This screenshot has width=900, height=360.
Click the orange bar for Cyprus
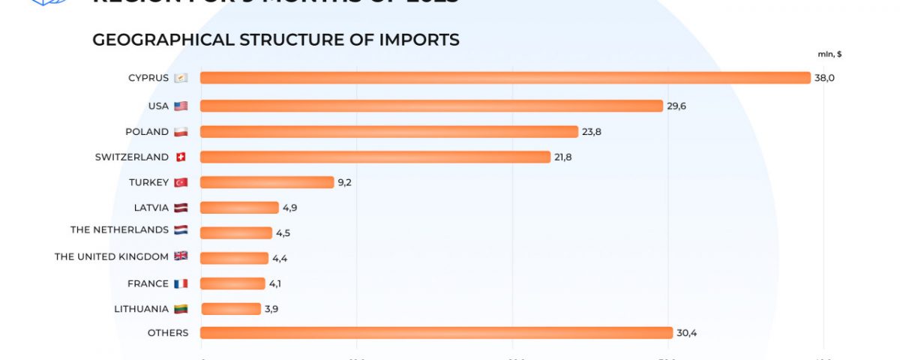point(505,78)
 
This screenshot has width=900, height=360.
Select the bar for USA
point(431,106)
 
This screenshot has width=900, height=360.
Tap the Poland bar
point(388,131)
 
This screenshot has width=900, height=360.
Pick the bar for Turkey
point(266,182)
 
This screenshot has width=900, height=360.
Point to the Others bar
point(436,333)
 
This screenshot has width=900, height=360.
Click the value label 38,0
point(824,78)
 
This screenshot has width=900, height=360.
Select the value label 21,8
point(564,157)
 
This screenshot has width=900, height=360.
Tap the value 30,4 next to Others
point(686,333)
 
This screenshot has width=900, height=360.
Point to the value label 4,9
point(290,208)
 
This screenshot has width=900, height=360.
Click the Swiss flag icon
point(181,157)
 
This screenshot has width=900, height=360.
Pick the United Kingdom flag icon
point(181,256)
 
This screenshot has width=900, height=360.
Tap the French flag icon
point(181,283)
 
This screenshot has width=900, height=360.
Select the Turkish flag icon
point(181,182)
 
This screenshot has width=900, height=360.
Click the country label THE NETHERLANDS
point(119,229)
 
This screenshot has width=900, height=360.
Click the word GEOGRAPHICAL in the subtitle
point(163,40)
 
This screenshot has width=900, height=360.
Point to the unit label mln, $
point(829,54)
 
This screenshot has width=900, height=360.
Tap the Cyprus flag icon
point(181,78)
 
